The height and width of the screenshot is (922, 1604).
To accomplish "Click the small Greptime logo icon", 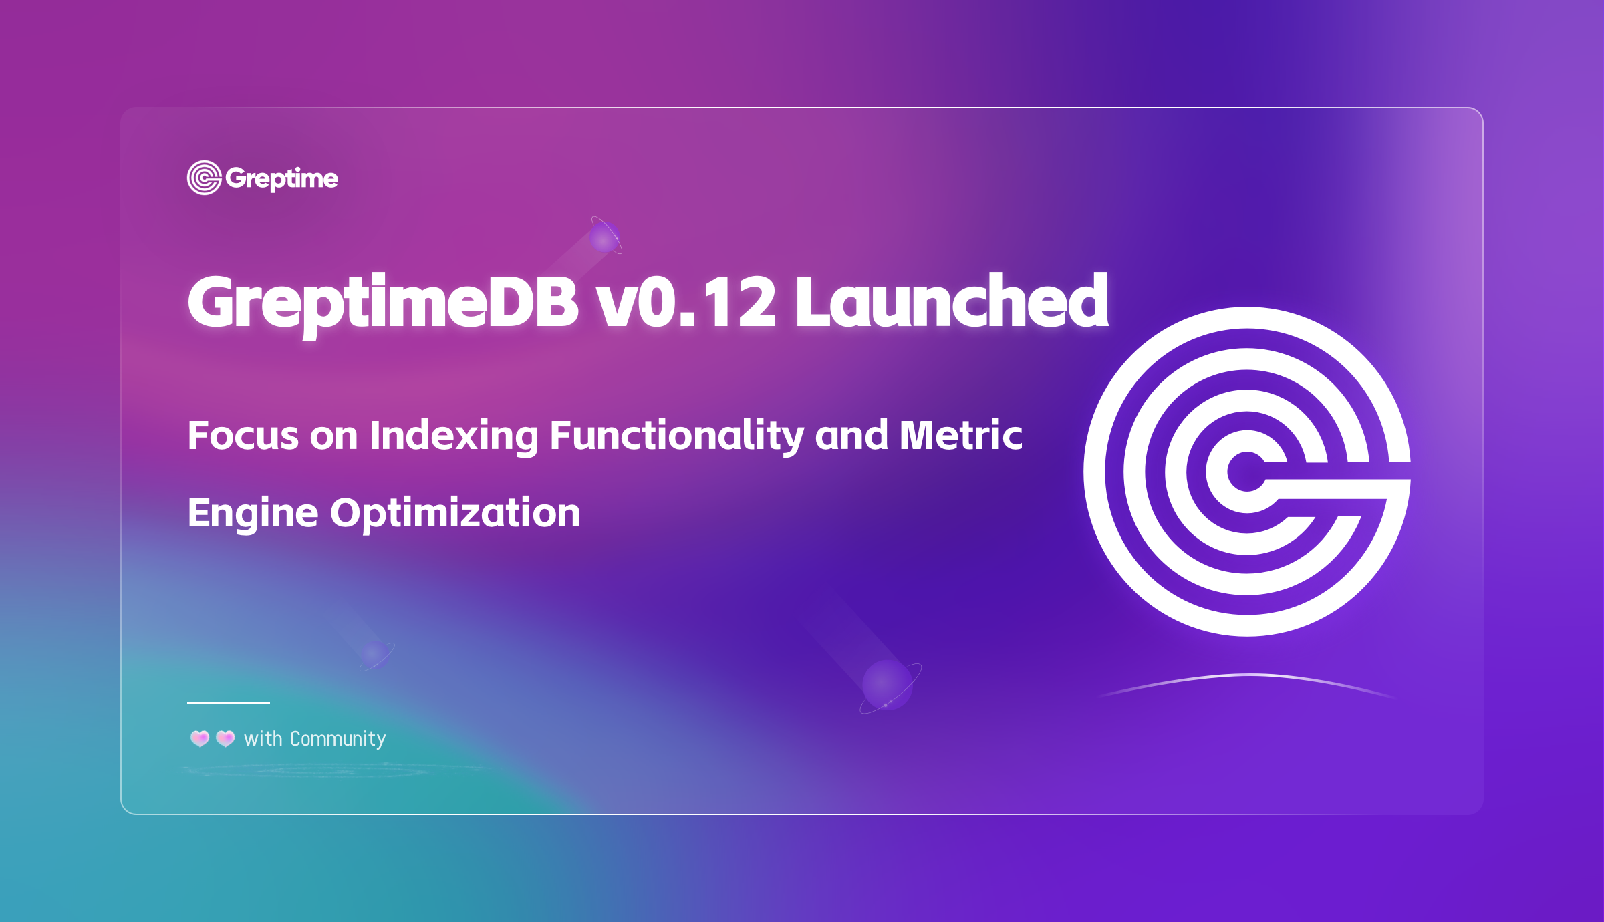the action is [x=205, y=178].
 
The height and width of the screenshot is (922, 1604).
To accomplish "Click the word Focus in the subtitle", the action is [x=243, y=436].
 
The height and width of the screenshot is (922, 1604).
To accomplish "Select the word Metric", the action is [x=961, y=436].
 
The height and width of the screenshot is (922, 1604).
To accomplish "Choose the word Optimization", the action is [x=456, y=514].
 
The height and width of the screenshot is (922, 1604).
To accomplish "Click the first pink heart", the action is [x=200, y=738].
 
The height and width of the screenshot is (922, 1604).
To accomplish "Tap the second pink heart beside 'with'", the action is [x=225, y=738].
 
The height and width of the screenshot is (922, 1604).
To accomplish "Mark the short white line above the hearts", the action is [x=229, y=703].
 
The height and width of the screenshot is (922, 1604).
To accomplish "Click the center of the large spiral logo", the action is [x=1247, y=472].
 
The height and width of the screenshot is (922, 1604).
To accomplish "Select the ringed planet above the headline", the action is [x=606, y=236].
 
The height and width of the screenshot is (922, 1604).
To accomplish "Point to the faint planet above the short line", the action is [x=376, y=655].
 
